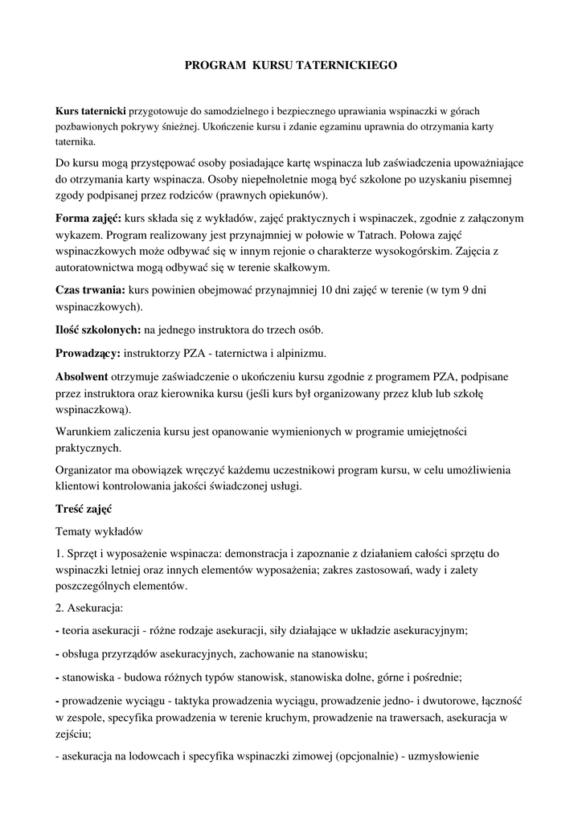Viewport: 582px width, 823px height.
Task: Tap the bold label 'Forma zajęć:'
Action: coord(88,218)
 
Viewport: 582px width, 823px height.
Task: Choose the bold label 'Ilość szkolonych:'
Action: coord(98,330)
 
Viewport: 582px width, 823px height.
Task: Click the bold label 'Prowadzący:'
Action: coord(87,353)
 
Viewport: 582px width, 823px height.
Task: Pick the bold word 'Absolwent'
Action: coord(82,376)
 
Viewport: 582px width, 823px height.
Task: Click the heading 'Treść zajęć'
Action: coord(84,510)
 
